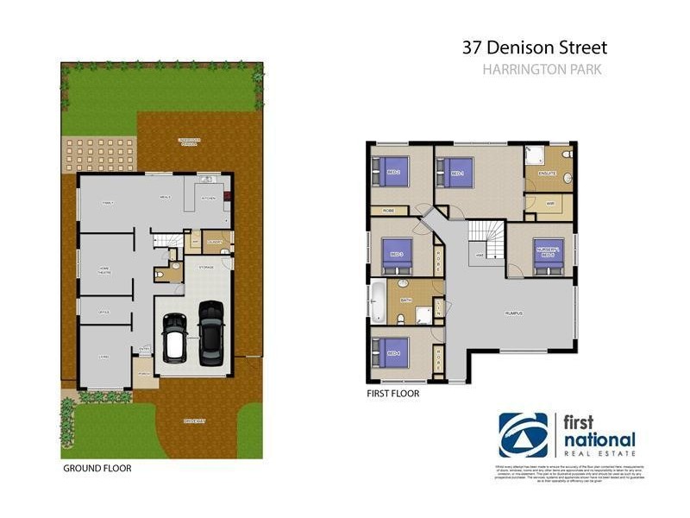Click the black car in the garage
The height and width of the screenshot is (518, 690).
210,332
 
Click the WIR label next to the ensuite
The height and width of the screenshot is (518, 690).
549,204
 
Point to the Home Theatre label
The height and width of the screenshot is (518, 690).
103,269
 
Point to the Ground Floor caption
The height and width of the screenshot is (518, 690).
96,469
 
